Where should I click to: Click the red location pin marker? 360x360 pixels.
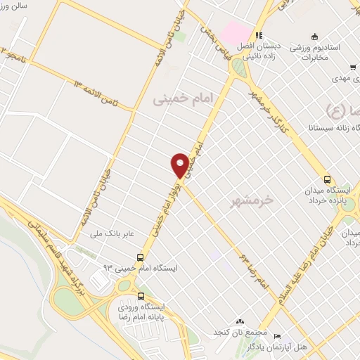(x=180, y=165)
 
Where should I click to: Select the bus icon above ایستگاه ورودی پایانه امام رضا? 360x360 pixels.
(x=142, y=295)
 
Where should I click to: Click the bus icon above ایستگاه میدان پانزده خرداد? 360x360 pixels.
(x=327, y=179)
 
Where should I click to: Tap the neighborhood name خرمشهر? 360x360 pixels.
(x=251, y=201)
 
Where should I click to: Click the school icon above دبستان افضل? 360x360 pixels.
(x=259, y=34)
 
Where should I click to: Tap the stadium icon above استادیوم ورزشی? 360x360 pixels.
(x=314, y=35)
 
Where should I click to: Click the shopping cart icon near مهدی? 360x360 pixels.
(x=352, y=68)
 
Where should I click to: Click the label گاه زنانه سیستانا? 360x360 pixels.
(x=331, y=128)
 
